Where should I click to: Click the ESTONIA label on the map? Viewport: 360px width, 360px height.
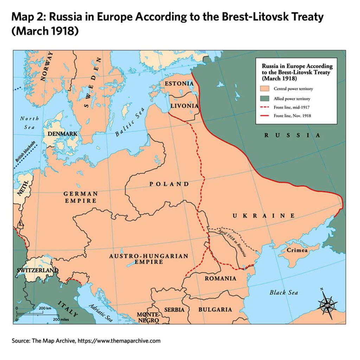pos(179,84)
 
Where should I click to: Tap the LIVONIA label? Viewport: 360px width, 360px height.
pos(184,105)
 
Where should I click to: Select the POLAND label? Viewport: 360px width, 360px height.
pos(169,184)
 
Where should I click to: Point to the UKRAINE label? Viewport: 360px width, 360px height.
pos(263,216)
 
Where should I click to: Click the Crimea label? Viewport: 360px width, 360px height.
pos(297,250)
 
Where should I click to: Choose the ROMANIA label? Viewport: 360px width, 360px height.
pos(220,278)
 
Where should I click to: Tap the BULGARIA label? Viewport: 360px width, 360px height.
pos(215,309)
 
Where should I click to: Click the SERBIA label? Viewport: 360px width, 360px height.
pos(174,309)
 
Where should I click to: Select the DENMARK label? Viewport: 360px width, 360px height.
pos(63,134)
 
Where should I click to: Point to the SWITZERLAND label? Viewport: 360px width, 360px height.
pos(37,270)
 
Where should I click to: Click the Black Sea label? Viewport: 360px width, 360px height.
pos(284,292)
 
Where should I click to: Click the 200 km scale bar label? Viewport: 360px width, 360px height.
pos(45,308)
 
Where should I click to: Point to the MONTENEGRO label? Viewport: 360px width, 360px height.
pos(148,317)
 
